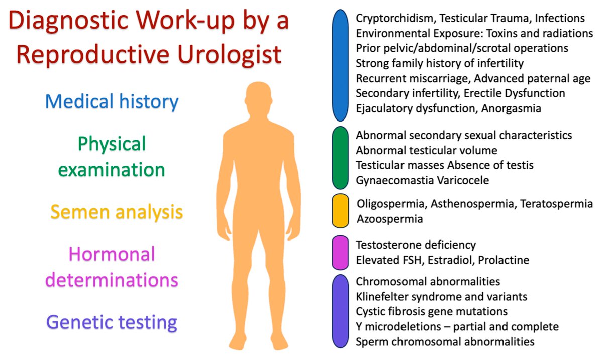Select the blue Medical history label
pyautogui.click(x=112, y=101)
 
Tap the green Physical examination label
pyautogui.click(x=112, y=157)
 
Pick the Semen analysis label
pyautogui.click(x=116, y=212)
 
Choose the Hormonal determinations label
pyautogui.click(x=112, y=267)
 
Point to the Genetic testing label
pyautogui.click(x=111, y=322)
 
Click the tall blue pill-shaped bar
pyautogui.click(x=341, y=65)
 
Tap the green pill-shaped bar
pyautogui.click(x=341, y=158)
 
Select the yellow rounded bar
pyautogui.click(x=341, y=211)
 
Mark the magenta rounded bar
pyautogui.click(x=341, y=253)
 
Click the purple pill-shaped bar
pyautogui.click(x=341, y=311)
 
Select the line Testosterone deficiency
pyautogui.click(x=416, y=245)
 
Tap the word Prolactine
pyautogui.click(x=504, y=260)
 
